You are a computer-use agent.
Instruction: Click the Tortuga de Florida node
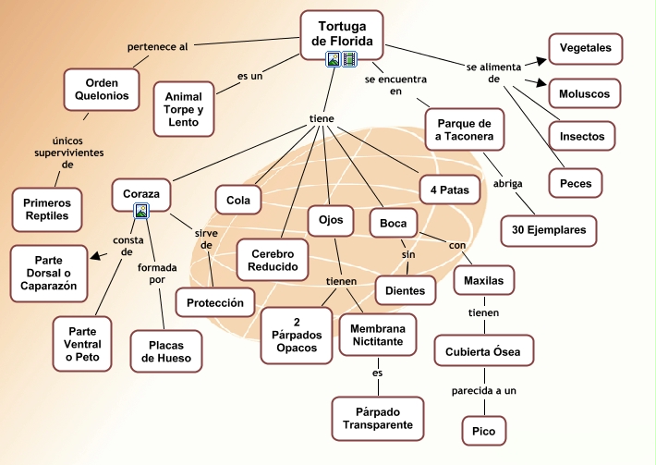point(342,33)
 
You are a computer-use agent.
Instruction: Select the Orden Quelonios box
point(101,88)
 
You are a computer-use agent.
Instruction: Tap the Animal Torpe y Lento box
point(183,109)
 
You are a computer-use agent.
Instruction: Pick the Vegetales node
point(585,47)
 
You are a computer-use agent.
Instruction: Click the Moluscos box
point(584,92)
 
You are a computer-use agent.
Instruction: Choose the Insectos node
point(582,137)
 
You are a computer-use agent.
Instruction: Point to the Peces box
point(576,183)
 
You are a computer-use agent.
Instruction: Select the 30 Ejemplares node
point(549,230)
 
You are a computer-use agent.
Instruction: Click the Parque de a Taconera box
point(466,130)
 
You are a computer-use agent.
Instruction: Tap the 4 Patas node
point(450,190)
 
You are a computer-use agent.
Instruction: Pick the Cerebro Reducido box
point(273,260)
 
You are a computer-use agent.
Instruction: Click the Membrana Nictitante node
point(377,334)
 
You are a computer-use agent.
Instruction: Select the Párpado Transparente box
point(377,417)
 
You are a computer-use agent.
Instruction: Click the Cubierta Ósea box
point(483,351)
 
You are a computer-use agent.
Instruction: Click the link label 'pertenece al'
point(157,46)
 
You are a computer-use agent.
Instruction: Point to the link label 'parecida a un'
point(484,390)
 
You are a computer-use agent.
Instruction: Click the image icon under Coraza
point(141,212)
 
